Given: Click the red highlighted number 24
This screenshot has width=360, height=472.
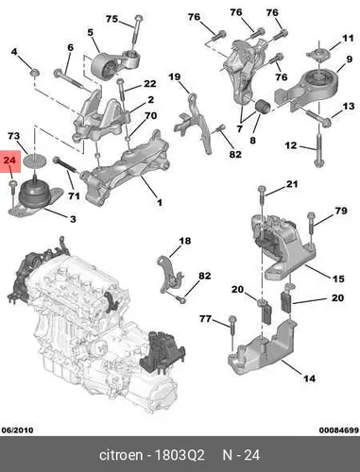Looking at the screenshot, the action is coord(9,160).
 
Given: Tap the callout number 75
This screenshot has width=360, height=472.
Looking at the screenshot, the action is coord(111,19).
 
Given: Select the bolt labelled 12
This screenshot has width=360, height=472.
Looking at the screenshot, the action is coord(317,150).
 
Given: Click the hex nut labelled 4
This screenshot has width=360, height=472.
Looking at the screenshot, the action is coord(34,73).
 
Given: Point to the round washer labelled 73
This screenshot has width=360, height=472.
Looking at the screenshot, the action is coord(35,160).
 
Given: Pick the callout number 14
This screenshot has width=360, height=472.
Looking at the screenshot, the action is coord(309,379).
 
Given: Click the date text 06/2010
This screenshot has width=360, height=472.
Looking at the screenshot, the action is coord(17,430).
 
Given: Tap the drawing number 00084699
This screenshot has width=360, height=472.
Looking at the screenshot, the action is coord(339,430).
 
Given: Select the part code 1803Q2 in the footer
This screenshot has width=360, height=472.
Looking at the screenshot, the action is coord(180,455).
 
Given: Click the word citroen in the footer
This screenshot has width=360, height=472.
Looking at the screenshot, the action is coord(121,455).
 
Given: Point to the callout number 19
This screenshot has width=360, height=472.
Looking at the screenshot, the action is coord(175,76).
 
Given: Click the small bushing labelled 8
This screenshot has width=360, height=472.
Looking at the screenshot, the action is coord(261,108).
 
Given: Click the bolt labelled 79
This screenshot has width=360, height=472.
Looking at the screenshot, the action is coord(311,223).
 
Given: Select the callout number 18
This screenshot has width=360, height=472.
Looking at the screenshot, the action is coord(185,241).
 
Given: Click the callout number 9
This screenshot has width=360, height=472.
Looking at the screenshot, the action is coord(350,59).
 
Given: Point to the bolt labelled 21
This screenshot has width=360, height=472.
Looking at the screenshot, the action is coord(262,195).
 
